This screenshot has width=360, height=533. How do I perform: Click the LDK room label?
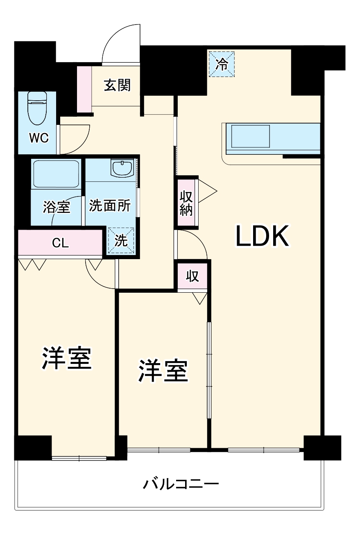(262, 236)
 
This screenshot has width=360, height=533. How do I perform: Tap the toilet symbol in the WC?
(38, 108)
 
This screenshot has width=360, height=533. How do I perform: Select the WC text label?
(38, 138)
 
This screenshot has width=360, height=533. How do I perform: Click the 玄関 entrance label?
(117, 85)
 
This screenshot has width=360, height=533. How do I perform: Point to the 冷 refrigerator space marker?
(222, 64)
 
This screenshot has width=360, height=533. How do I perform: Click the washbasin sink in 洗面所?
(122, 168)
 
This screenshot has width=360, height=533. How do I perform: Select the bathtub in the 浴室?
(57, 174)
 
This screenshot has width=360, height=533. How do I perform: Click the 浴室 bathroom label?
(57, 207)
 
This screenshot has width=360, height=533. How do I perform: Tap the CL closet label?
(60, 243)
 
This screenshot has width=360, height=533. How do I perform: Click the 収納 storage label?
(186, 203)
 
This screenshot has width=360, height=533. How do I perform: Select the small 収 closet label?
(192, 276)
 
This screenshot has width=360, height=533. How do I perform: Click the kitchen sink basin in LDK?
(251, 136)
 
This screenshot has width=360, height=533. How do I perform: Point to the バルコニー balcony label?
(181, 485)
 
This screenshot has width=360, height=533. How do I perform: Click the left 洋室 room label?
(66, 358)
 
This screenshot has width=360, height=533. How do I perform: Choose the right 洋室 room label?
(163, 371)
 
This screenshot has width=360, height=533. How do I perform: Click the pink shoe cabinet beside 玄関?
(84, 88)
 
